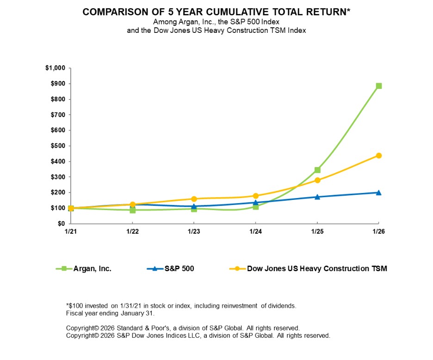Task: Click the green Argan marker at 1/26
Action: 378,86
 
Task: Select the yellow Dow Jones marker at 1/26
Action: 378,155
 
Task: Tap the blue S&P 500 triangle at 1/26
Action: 378,192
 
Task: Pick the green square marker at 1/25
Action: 317,170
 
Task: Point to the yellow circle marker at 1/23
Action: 194,199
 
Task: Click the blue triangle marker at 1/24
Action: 255,202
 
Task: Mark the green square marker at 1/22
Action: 132,210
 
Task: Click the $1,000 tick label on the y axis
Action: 55,68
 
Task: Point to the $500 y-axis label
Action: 57,146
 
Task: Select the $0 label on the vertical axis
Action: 61,223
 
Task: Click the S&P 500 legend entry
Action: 179,268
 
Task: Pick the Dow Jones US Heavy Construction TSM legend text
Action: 317,268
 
